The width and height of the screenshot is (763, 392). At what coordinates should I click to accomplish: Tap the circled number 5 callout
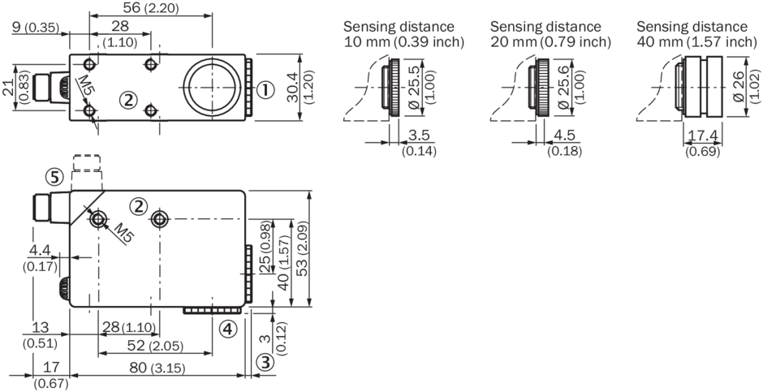(x=52, y=176)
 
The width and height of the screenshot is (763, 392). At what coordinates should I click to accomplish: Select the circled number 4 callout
(x=228, y=328)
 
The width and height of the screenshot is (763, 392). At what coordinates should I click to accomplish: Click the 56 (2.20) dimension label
(x=150, y=7)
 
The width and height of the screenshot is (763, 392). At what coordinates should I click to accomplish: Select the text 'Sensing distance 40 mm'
(x=696, y=34)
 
